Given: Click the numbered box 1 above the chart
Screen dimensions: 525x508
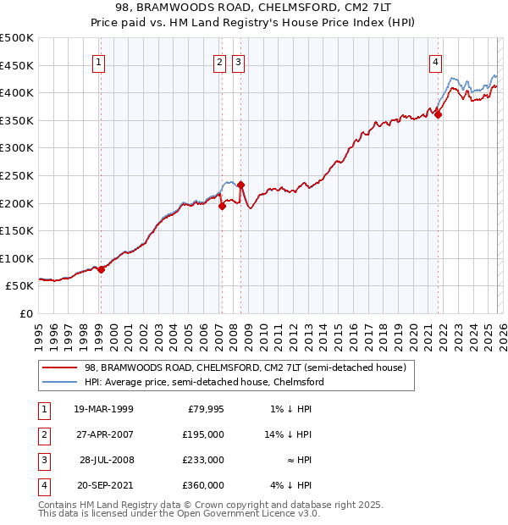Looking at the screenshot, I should [x=100, y=62].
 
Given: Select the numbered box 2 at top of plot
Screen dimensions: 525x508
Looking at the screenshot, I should [x=219, y=62].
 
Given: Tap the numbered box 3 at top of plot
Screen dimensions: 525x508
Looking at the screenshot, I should [x=238, y=62].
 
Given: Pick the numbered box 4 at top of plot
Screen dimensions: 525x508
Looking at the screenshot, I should [x=435, y=62].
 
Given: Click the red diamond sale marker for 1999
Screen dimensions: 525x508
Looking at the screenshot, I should [x=101, y=269].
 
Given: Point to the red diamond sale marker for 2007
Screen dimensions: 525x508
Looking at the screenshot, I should [x=221, y=205].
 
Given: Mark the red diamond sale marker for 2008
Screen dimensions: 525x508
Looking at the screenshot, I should [x=240, y=185].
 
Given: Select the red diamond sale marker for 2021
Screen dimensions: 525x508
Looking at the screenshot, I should [x=438, y=115].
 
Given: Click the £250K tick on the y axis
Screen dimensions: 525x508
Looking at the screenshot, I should [x=17, y=175].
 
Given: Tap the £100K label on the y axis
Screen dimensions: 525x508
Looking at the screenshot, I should [x=17, y=258].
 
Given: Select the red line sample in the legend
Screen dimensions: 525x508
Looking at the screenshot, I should [x=61, y=368].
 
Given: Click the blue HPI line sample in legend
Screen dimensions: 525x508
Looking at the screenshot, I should [x=61, y=382].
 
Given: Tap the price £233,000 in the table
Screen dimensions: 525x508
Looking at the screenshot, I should [x=203, y=460].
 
